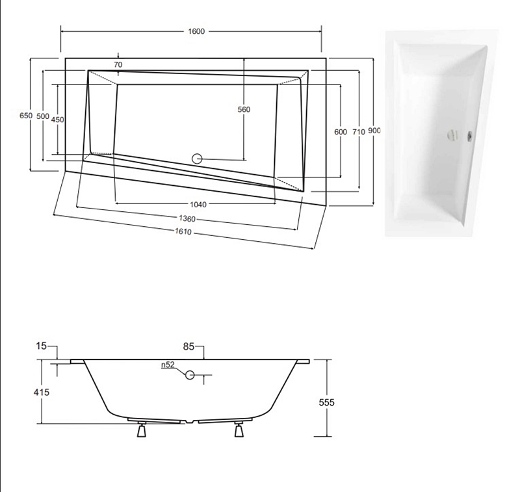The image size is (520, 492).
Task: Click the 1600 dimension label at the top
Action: tap(194, 31)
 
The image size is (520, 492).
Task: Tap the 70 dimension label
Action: tap(118, 64)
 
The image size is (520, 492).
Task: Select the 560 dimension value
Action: tap(244, 110)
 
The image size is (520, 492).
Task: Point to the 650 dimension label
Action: tap(25, 116)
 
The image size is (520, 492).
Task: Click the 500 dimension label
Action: tap(43, 116)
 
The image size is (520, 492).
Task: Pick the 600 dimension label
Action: tap(341, 131)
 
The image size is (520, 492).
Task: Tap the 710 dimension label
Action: tap(358, 131)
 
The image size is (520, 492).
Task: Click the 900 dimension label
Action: tap(374, 131)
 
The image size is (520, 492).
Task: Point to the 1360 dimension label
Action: tap(186, 218)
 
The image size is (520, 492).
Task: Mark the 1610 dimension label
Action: tap(183, 232)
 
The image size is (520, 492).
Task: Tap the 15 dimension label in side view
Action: tap(42, 347)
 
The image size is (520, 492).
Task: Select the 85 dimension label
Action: tap(188, 347)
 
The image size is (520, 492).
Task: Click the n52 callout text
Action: tap(168, 365)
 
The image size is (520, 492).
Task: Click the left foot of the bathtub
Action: tap(141, 430)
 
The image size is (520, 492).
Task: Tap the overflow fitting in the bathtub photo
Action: tap(469, 136)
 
